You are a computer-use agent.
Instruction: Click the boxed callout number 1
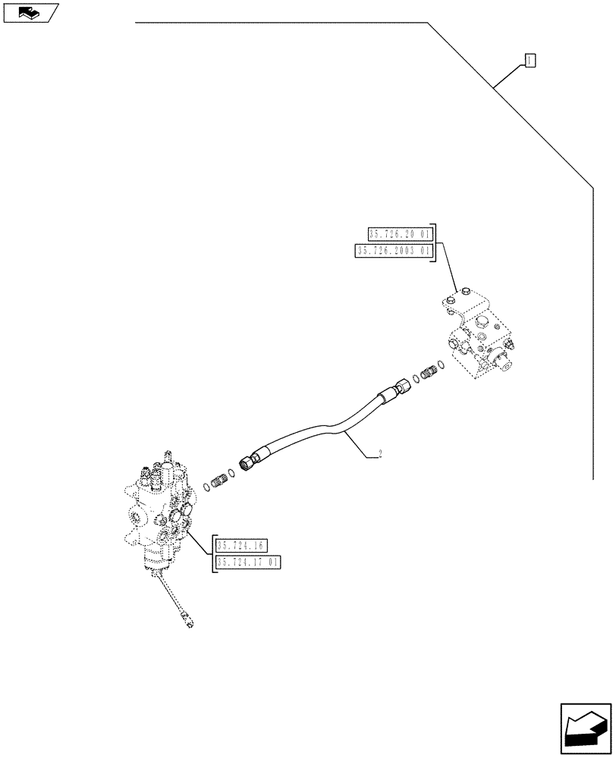tap(530, 60)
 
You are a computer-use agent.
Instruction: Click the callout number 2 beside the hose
tap(379, 455)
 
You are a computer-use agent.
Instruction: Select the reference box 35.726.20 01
tap(399, 234)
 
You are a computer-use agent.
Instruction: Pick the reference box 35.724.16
tap(237, 545)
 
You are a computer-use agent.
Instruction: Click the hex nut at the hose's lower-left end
tap(247, 462)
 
